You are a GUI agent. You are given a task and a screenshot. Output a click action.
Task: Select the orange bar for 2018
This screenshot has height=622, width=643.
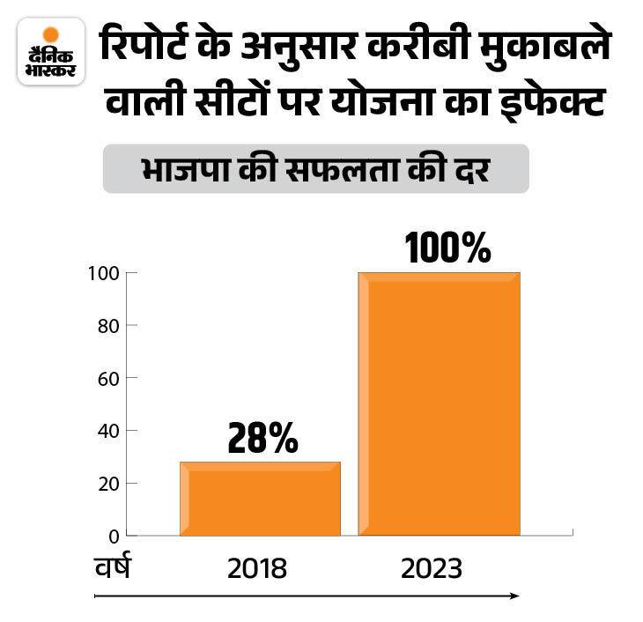260,499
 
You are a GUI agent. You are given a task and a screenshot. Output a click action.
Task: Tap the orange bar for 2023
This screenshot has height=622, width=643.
439,404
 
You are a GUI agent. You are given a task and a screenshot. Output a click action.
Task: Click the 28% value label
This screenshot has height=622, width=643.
262,438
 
